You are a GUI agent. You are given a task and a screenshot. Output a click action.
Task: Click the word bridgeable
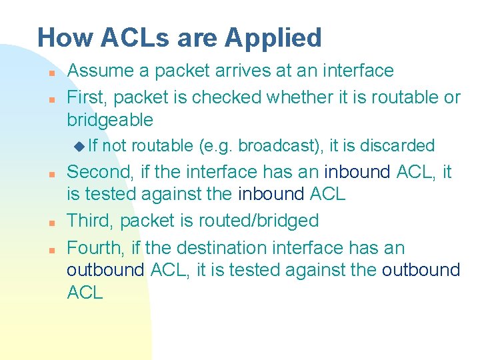110,121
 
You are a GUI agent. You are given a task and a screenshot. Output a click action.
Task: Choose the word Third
90,220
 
